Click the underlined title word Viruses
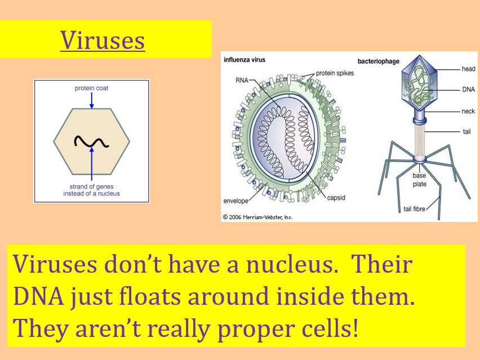pyautogui.click(x=103, y=39)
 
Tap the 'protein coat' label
pyautogui.click(x=91, y=88)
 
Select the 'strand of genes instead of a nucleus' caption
pyautogui.click(x=91, y=190)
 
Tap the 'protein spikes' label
pyautogui.click(x=336, y=73)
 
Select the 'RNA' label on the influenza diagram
pyautogui.click(x=242, y=81)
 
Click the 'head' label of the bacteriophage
pyautogui.click(x=468, y=69)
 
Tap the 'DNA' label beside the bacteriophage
pyautogui.click(x=468, y=89)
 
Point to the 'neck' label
pyautogui.click(x=468, y=112)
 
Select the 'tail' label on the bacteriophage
pyautogui.click(x=466, y=132)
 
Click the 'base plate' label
pyautogui.click(x=419, y=180)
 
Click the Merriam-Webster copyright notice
pyautogui.click(x=257, y=217)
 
